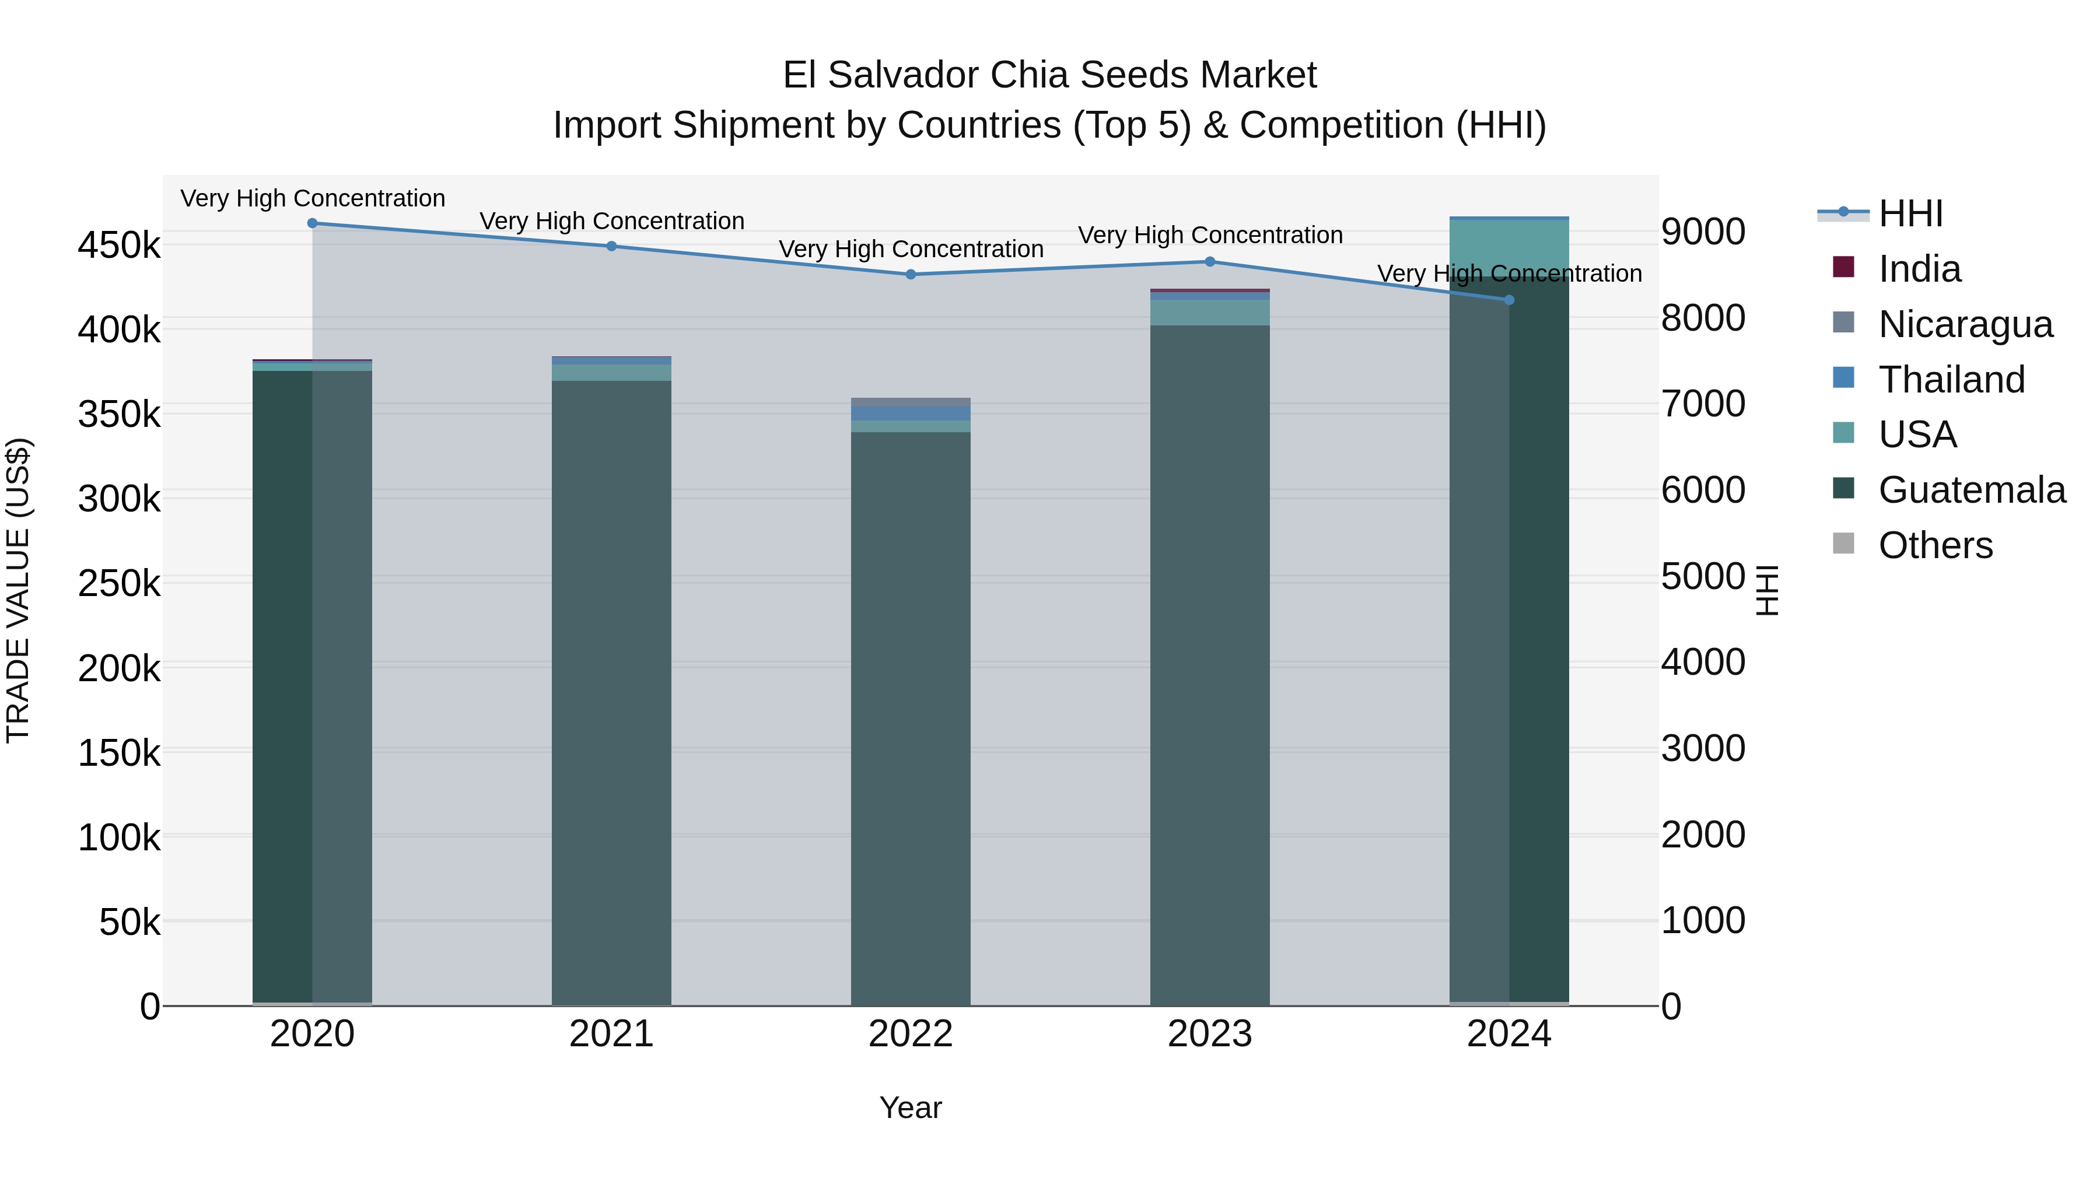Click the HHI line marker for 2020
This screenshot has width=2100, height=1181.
point(312,223)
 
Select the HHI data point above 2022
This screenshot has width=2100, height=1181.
point(911,275)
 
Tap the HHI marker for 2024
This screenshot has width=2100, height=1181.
point(1509,300)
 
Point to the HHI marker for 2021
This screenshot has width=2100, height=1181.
point(611,246)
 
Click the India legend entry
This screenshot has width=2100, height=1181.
point(1919,269)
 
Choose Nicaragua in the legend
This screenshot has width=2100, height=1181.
point(1965,324)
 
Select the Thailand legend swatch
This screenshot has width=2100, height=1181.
point(1843,378)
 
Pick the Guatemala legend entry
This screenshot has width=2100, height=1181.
point(1971,490)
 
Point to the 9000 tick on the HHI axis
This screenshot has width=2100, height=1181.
point(1703,232)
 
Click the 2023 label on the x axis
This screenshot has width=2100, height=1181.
point(1210,1034)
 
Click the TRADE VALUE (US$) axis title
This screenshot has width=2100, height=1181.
point(18,590)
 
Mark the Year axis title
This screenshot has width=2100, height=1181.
point(911,1108)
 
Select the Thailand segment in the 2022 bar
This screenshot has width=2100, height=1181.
point(911,413)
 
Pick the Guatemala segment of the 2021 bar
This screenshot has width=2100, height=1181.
point(611,693)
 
